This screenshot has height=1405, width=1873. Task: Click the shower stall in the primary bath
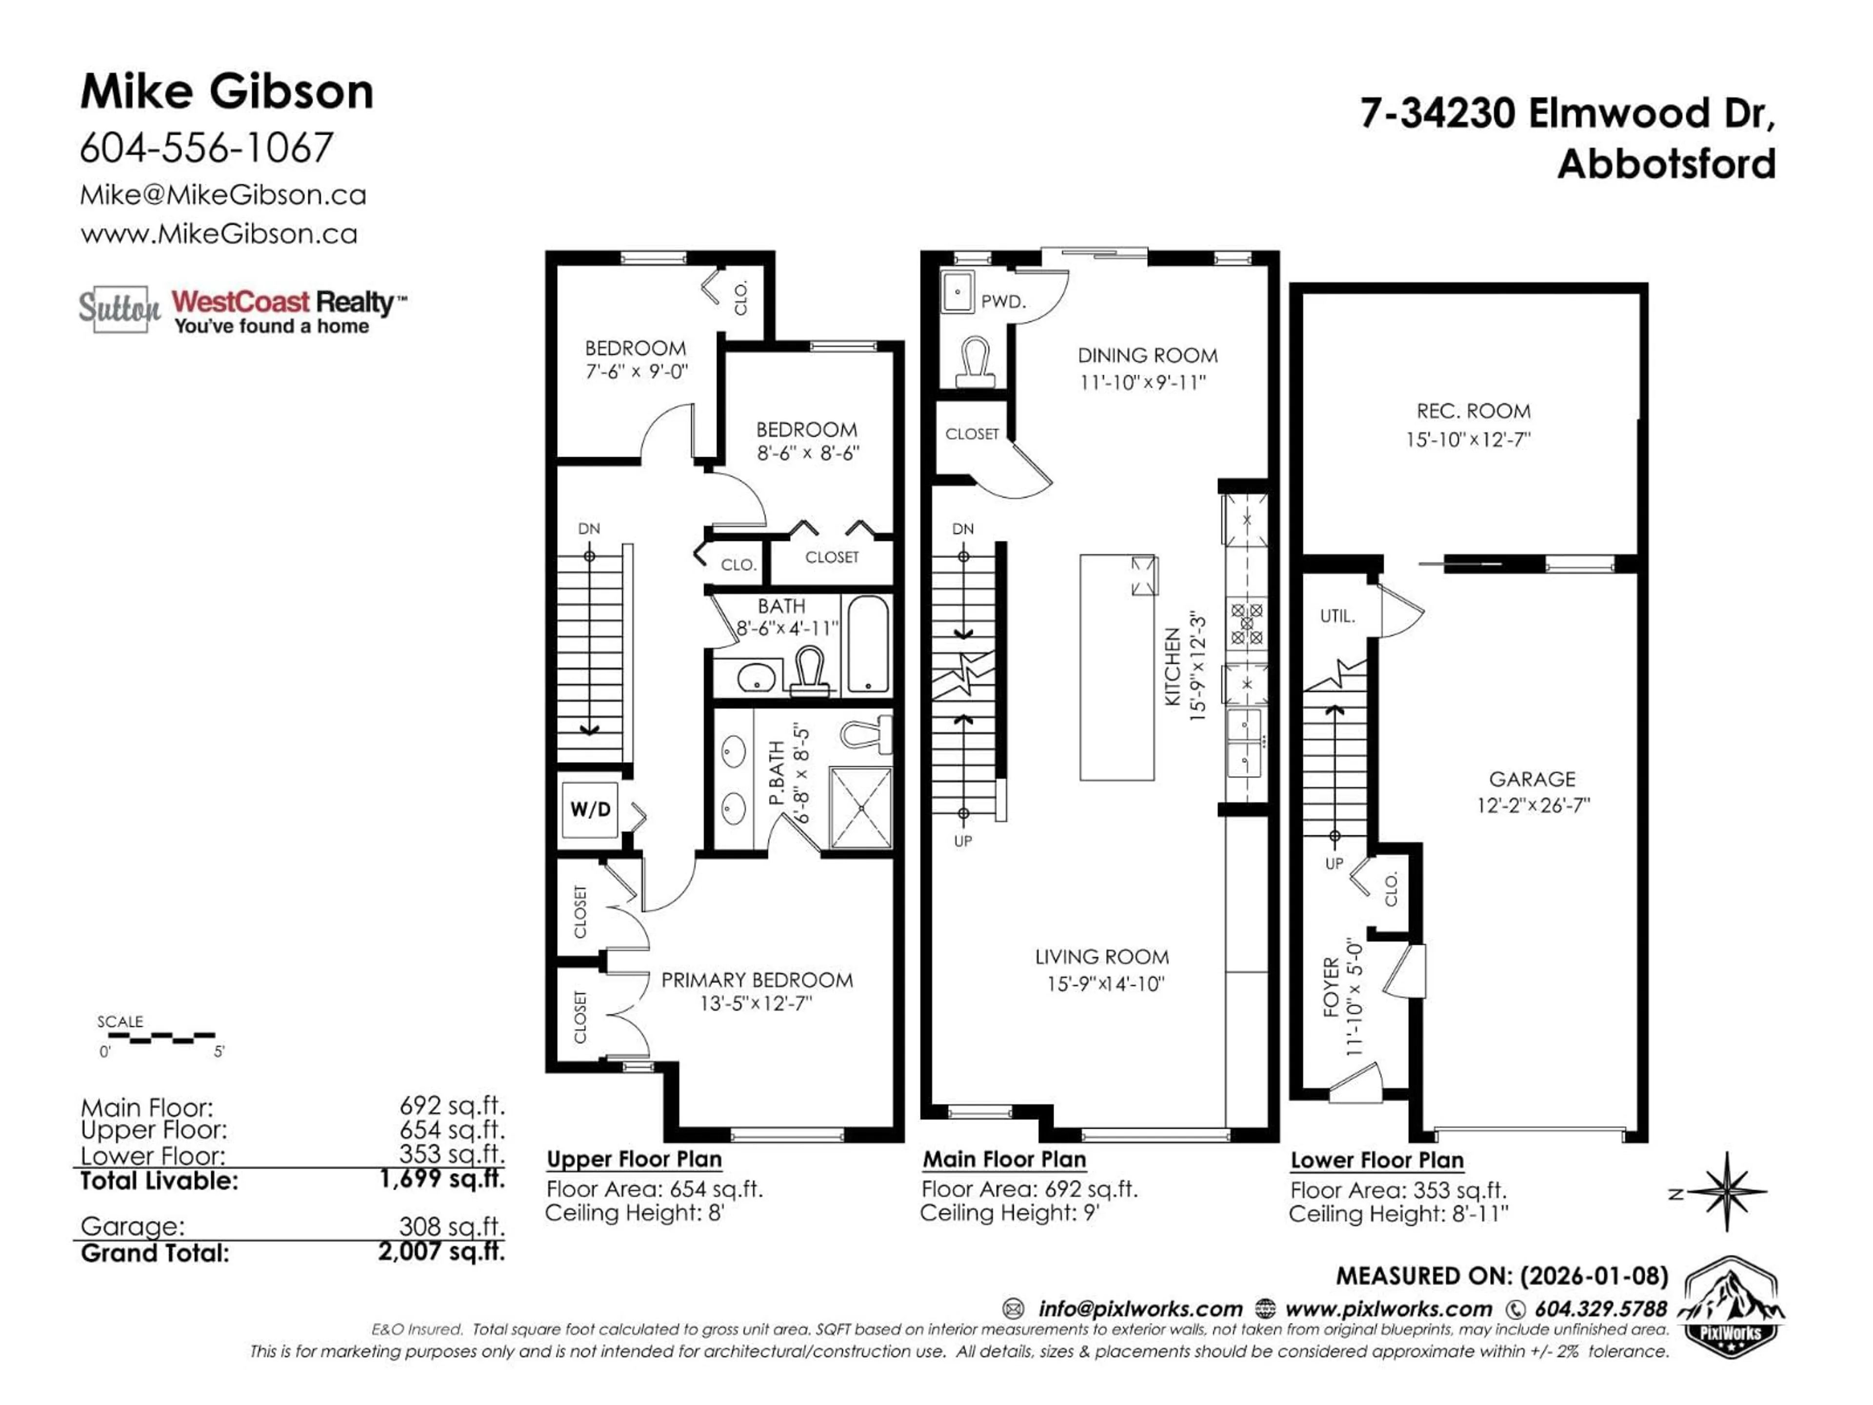pyautogui.click(x=860, y=807)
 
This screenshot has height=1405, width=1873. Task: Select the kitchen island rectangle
pyautogui.click(x=1116, y=667)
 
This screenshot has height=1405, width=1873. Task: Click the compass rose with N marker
pyautogui.click(x=1727, y=1192)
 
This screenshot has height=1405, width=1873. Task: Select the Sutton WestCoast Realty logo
pyautogui.click(x=241, y=310)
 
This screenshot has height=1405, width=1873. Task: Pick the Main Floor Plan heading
pyautogui.click(x=1004, y=1160)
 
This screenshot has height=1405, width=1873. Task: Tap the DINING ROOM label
pyautogui.click(x=1147, y=356)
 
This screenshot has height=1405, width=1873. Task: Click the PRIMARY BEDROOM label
pyautogui.click(x=756, y=980)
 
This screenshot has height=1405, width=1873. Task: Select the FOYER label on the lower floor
pyautogui.click(x=1331, y=987)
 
